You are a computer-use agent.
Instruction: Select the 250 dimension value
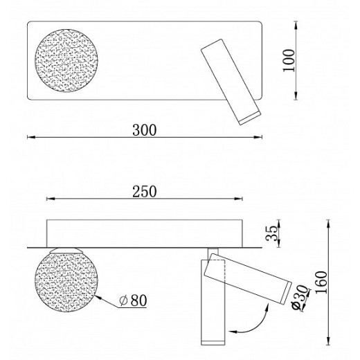[145, 191]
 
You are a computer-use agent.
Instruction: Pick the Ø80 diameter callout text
[133, 300]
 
